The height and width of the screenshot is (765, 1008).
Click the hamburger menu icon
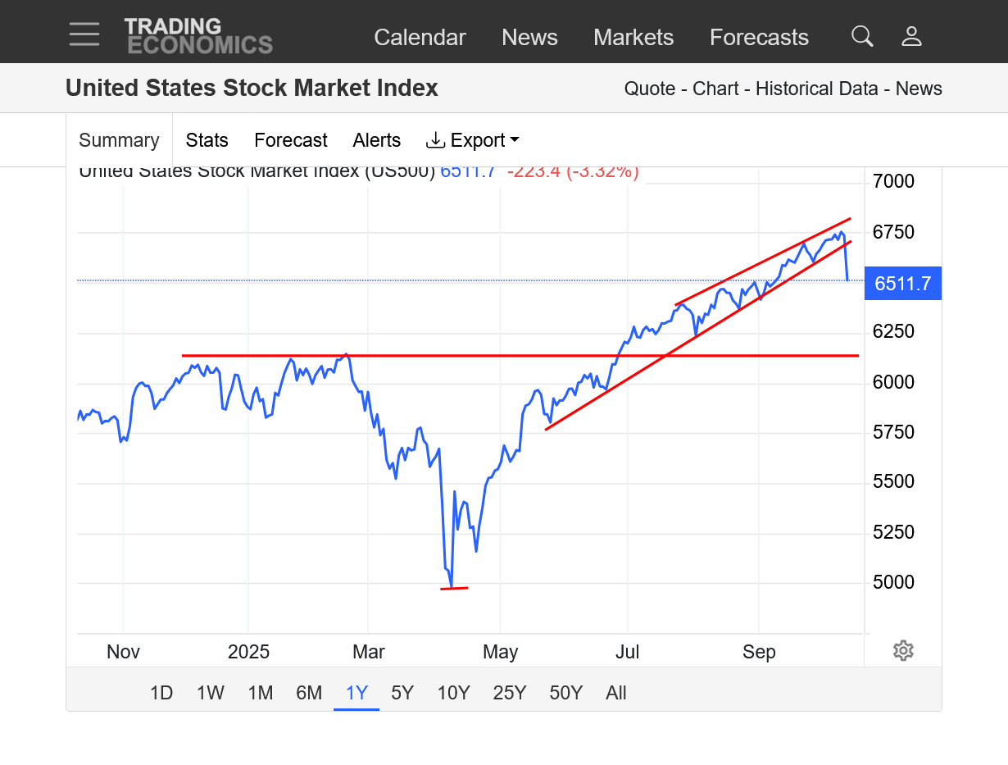pyautogui.click(x=84, y=34)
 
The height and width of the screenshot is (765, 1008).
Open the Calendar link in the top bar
pyautogui.click(x=420, y=38)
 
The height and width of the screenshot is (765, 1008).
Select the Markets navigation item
pyautogui.click(x=633, y=38)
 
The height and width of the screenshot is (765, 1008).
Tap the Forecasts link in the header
pyautogui.click(x=759, y=38)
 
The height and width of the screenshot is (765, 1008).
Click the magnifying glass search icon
pyautogui.click(x=862, y=36)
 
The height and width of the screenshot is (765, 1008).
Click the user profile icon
pyautogui.click(x=911, y=36)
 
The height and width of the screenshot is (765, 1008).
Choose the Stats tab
pyautogui.click(x=207, y=140)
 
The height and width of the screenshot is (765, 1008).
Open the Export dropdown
pyautogui.click(x=473, y=140)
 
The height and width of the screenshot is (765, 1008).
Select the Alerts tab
pyautogui.click(x=377, y=140)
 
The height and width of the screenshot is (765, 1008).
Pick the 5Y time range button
pyautogui.click(x=402, y=693)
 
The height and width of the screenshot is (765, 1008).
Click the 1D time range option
pyautogui.click(x=161, y=693)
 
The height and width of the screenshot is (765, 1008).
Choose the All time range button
pyautogui.click(x=616, y=693)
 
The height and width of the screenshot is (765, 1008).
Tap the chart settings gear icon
pyautogui.click(x=903, y=651)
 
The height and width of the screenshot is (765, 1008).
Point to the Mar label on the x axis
pyautogui.click(x=369, y=653)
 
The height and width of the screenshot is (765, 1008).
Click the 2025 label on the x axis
pyautogui.click(x=248, y=653)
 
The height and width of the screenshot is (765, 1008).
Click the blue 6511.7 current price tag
pyautogui.click(x=903, y=284)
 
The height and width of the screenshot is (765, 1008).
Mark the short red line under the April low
pyautogui.click(x=454, y=588)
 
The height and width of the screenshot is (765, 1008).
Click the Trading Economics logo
pyautogui.click(x=198, y=36)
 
